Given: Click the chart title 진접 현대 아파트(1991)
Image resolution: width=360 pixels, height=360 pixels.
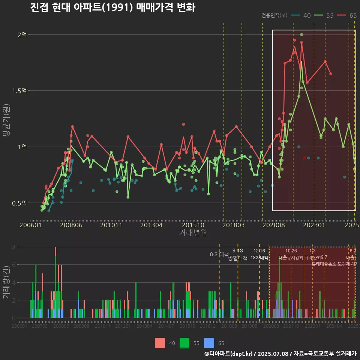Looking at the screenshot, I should coord(112,7).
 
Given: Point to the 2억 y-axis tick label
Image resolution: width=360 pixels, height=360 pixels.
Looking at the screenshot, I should coord(22,35).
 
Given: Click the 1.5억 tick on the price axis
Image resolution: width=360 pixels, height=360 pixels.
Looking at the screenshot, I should coord(19,91).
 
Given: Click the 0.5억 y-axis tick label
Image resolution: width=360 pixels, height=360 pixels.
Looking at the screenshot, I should coord(19,203).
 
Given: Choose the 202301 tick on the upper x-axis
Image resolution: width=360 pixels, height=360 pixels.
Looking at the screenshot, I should coord(314,225).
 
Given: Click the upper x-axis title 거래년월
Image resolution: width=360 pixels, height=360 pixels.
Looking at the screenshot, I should coord(193,233).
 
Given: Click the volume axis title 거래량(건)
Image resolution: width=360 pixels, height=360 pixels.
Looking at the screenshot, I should coord(6,282).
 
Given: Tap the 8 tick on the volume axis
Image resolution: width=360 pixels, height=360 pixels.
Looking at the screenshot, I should coord(14,247).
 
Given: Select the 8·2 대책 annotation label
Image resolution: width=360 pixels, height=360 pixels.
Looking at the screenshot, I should coord(219,254).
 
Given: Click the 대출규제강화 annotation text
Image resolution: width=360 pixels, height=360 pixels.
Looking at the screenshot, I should coord(291,258).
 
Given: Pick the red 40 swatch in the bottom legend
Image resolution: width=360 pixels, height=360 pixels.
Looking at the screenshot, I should coord(160,343).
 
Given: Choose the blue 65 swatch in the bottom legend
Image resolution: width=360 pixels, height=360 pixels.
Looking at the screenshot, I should coord(209,343).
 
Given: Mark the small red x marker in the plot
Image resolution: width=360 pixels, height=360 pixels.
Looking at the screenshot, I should coord(304,158).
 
